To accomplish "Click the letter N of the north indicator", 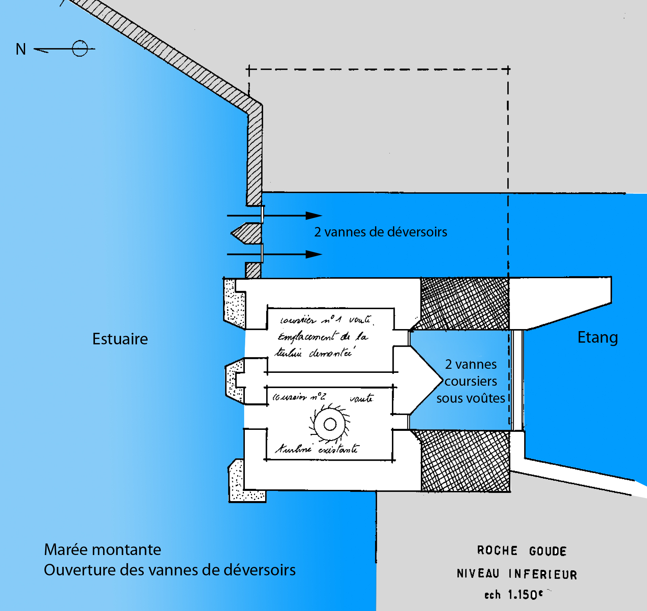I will coord(21,49).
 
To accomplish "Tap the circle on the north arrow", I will coord(80,49).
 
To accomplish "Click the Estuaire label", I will coord(120,339).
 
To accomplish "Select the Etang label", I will coord(597,338).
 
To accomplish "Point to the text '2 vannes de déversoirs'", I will coord(380,232).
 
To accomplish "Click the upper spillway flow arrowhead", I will coord(314,215).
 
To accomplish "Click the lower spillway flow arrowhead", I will coord(314,254).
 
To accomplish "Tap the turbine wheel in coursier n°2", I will coord(330,424).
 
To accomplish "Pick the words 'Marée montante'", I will coord(102,550).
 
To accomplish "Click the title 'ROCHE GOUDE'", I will coord(522,551).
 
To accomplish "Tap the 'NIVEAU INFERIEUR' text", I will coord(517,574).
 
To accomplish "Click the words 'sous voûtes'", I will coord(471,398).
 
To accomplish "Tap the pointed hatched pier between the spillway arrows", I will coord(248,233).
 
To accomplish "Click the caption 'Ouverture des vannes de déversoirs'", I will coord(170,570).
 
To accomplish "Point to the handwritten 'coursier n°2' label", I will coord(299,397).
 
